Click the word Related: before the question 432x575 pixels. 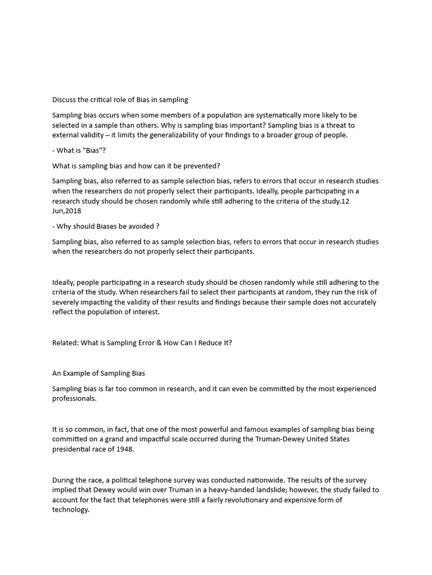66,343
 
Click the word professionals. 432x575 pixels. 74,399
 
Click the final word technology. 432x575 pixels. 71,510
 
